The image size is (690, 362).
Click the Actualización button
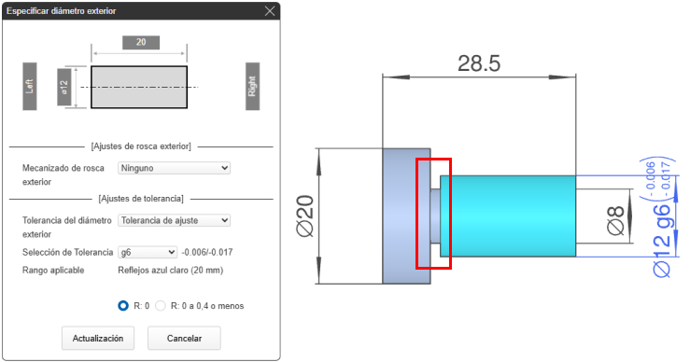98,339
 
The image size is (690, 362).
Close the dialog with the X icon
270,11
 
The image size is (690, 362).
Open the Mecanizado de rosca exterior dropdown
174,168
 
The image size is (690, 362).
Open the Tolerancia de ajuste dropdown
174,220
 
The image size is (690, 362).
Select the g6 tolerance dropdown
148,252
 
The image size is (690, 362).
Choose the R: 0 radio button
123,306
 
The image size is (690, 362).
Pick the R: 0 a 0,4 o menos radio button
161,306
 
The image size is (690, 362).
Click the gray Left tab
30,86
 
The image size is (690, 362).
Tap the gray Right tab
253,86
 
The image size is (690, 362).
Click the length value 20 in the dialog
141,42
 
